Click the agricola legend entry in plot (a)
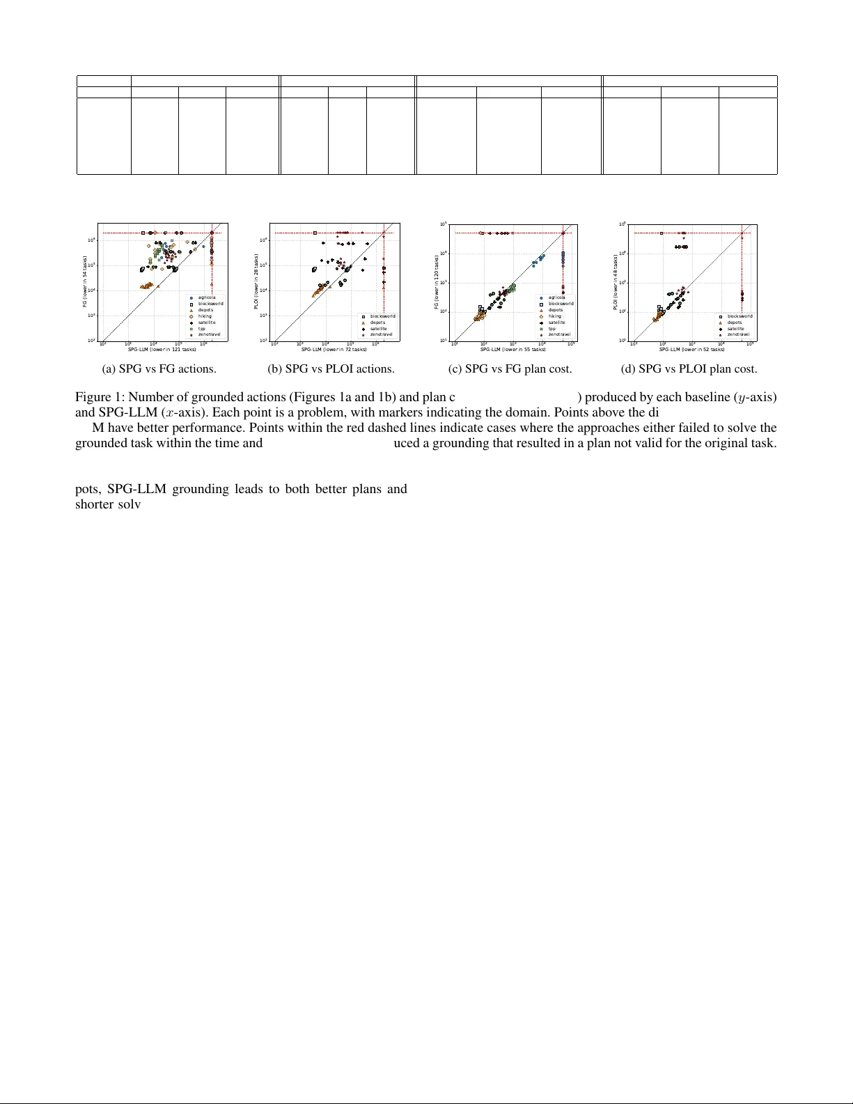[x=207, y=297]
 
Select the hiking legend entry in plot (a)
[x=205, y=316]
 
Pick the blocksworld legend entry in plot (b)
[x=382, y=316]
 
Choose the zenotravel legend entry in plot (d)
[x=738, y=334]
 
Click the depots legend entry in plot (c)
[x=555, y=310]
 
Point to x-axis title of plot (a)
[x=162, y=349]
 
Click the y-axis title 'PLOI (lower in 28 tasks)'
[x=257, y=282]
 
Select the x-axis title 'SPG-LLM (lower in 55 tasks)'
[x=513, y=349]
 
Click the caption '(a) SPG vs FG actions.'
[x=159, y=369]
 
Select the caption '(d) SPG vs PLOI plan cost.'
[x=689, y=369]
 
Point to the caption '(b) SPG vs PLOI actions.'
[x=331, y=369]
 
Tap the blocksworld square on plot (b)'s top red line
[x=315, y=233]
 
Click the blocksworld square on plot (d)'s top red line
[x=661, y=233]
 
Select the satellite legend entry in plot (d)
[x=735, y=329]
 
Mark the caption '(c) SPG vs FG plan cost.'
[x=510, y=369]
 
